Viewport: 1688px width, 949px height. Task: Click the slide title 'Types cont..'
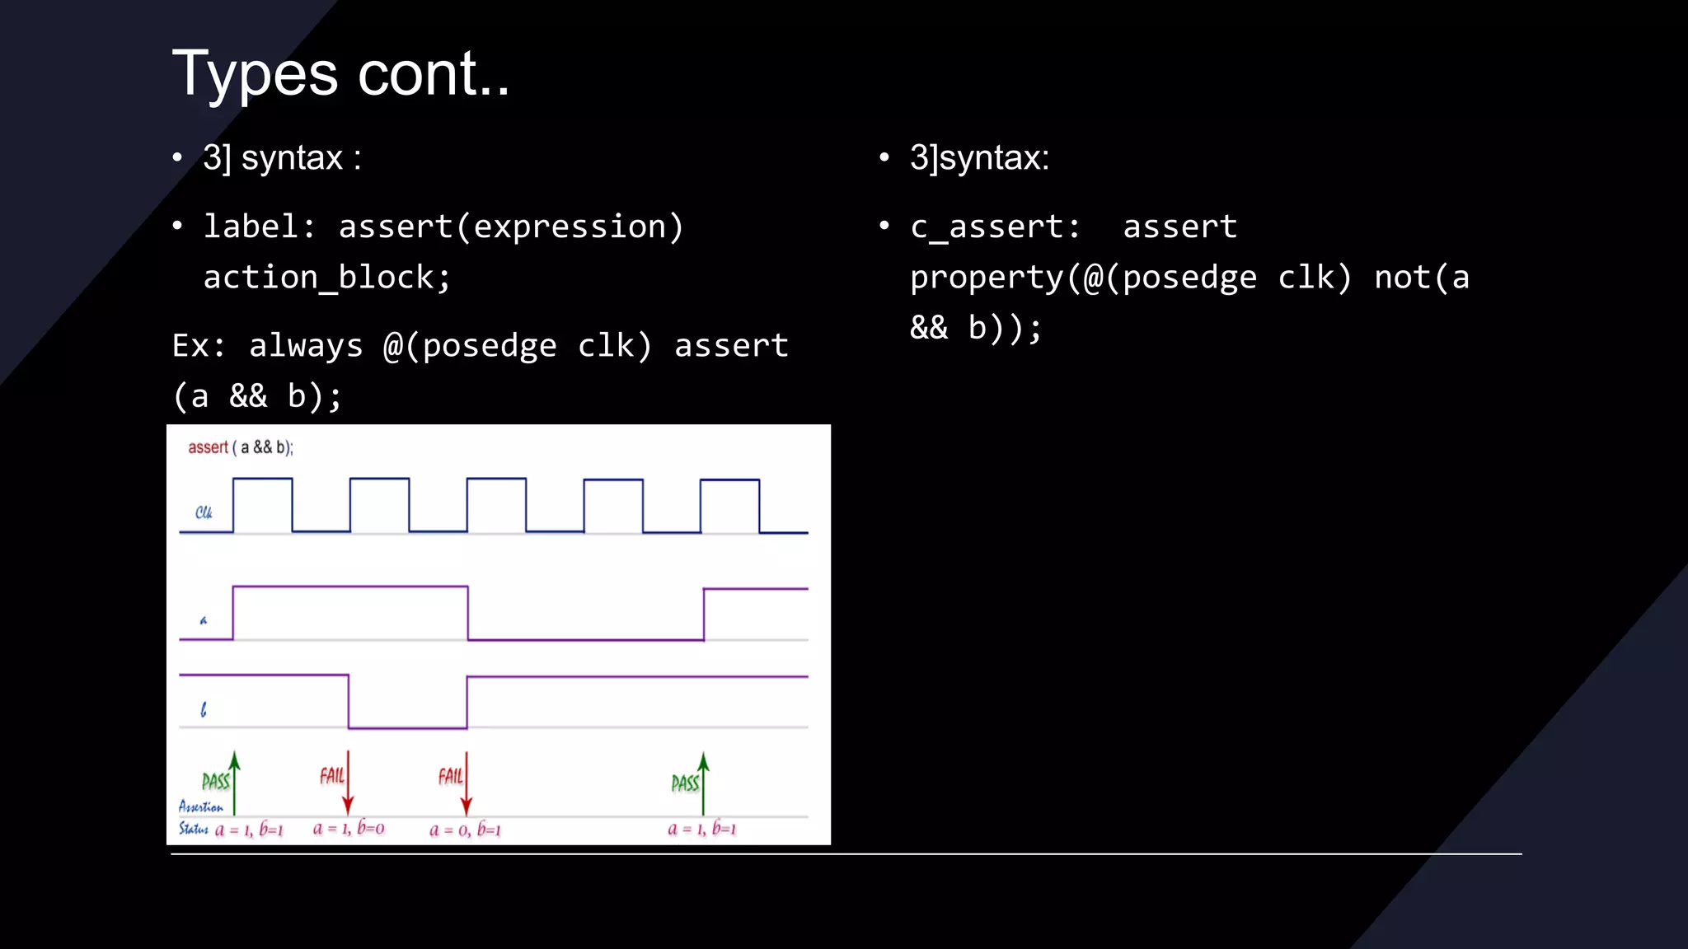pos(340,74)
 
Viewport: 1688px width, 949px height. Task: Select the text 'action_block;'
pos(326,278)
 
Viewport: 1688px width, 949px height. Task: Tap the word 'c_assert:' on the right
pos(995,227)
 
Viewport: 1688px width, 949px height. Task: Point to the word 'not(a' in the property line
pos(1422,278)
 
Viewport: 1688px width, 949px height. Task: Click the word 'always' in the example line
pos(306,346)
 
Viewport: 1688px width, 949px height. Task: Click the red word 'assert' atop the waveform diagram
pos(208,447)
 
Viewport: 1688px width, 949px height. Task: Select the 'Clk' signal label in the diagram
pos(204,512)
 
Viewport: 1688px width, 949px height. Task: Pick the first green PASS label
pos(215,781)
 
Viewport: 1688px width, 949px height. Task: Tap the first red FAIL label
pos(332,776)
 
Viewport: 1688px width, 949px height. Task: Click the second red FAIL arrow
pos(467,783)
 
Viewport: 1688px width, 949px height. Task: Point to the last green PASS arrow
pos(703,783)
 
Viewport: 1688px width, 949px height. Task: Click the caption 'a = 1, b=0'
pos(349,829)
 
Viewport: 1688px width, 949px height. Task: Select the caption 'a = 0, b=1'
pos(465,830)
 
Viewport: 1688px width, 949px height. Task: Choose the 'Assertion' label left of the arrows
pos(200,807)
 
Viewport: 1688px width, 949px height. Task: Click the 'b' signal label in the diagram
pos(204,709)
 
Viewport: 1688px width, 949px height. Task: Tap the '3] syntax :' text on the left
pos(282,157)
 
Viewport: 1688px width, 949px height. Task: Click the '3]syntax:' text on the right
pos(979,157)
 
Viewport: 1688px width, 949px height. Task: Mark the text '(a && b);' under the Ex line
pos(257,397)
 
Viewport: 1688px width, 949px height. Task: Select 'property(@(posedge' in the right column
pos(1083,278)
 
